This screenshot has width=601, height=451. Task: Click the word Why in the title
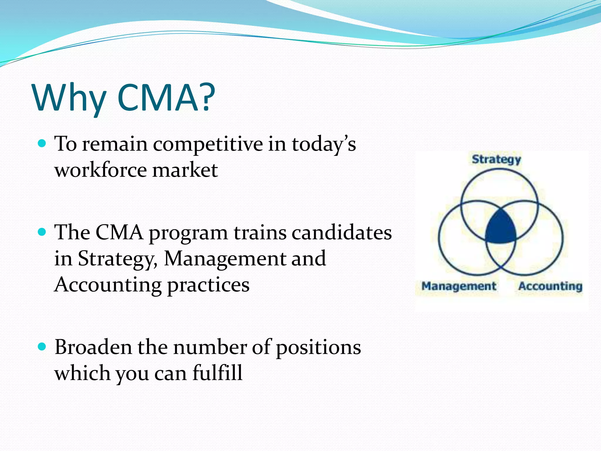click(x=69, y=98)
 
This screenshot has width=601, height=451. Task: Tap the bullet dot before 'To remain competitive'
click(x=42, y=143)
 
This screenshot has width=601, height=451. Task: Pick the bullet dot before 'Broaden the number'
click(x=42, y=347)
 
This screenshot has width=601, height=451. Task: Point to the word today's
click(x=323, y=145)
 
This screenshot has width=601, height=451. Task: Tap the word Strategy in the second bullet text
click(x=117, y=259)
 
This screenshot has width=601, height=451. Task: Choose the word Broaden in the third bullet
click(x=93, y=347)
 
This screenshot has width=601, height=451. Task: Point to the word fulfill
click(x=217, y=373)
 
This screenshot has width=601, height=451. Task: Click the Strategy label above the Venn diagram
click(x=496, y=159)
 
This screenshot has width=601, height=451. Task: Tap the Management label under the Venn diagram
click(x=459, y=286)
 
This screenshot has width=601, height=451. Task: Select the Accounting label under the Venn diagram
click(x=550, y=286)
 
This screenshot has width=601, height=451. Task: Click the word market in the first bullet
click(x=185, y=170)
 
